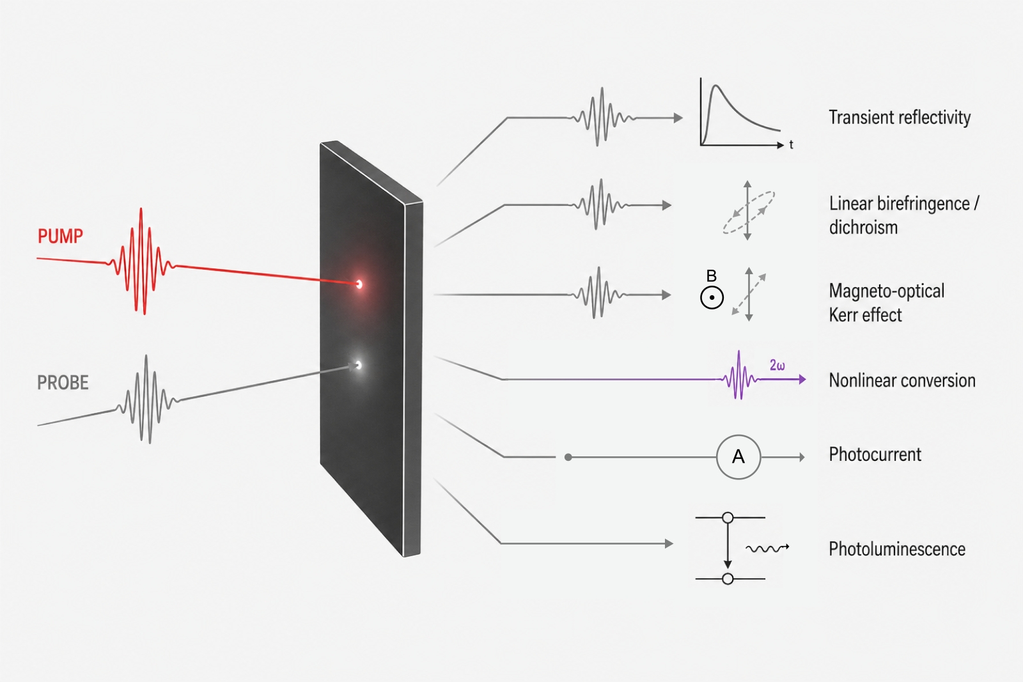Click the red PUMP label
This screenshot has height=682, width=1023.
[60, 236]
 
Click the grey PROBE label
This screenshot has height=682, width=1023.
[63, 382]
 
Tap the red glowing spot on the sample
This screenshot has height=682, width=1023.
[359, 284]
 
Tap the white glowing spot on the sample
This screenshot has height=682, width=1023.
[359, 365]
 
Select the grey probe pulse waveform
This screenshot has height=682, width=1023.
[147, 399]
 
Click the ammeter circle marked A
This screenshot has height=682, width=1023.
[738, 457]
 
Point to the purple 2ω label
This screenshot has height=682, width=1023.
[777, 365]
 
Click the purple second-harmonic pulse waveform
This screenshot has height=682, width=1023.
[739, 375]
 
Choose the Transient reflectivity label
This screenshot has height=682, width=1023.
[900, 118]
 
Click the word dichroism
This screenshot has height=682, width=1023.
[863, 228]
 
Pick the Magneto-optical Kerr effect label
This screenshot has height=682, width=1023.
[887, 303]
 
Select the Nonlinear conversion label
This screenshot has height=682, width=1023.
[902, 380]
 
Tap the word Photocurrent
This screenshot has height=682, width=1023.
[875, 454]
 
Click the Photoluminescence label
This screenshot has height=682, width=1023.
[897, 548]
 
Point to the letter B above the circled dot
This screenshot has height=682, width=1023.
[711, 275]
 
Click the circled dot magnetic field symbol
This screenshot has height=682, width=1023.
[712, 298]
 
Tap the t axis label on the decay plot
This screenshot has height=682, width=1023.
[792, 144]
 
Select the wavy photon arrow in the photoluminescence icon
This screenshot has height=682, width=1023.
[767, 548]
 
